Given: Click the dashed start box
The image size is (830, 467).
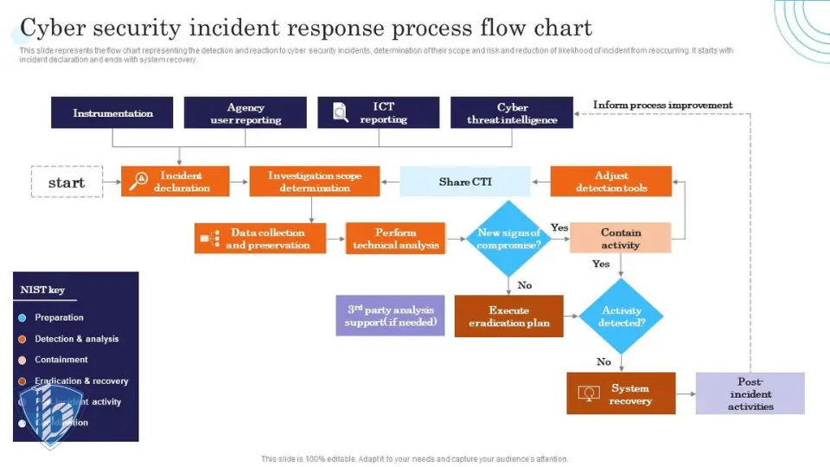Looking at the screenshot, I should (67, 182).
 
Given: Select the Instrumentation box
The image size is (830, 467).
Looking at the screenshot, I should (112, 112).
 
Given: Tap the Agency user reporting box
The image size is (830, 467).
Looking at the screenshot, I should (246, 112).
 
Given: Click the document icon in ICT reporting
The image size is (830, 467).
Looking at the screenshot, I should (340, 112).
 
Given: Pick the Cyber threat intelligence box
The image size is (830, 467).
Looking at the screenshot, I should (512, 112).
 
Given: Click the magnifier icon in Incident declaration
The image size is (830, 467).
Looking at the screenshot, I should (138, 181).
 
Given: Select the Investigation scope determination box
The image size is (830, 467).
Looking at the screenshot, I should (315, 181).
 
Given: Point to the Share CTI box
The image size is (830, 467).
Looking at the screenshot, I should (465, 182).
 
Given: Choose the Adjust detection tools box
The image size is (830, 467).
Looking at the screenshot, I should (611, 181).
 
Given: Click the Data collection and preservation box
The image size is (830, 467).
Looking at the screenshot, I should (260, 238).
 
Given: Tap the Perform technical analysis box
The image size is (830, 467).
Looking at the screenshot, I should (395, 238).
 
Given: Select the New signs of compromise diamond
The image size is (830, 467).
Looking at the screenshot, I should (508, 239).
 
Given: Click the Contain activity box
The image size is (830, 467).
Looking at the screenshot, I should (621, 238).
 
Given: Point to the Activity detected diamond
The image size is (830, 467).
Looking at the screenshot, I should (622, 316).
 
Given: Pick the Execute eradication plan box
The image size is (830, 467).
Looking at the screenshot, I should (508, 316).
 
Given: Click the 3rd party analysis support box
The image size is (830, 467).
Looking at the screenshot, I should (390, 316).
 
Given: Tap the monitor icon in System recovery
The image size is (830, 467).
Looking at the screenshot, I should (590, 393).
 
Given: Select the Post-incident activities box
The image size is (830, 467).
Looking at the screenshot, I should (750, 393).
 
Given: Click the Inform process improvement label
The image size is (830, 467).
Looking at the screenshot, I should (662, 106).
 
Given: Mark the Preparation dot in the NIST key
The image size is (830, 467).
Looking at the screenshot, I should (22, 317).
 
